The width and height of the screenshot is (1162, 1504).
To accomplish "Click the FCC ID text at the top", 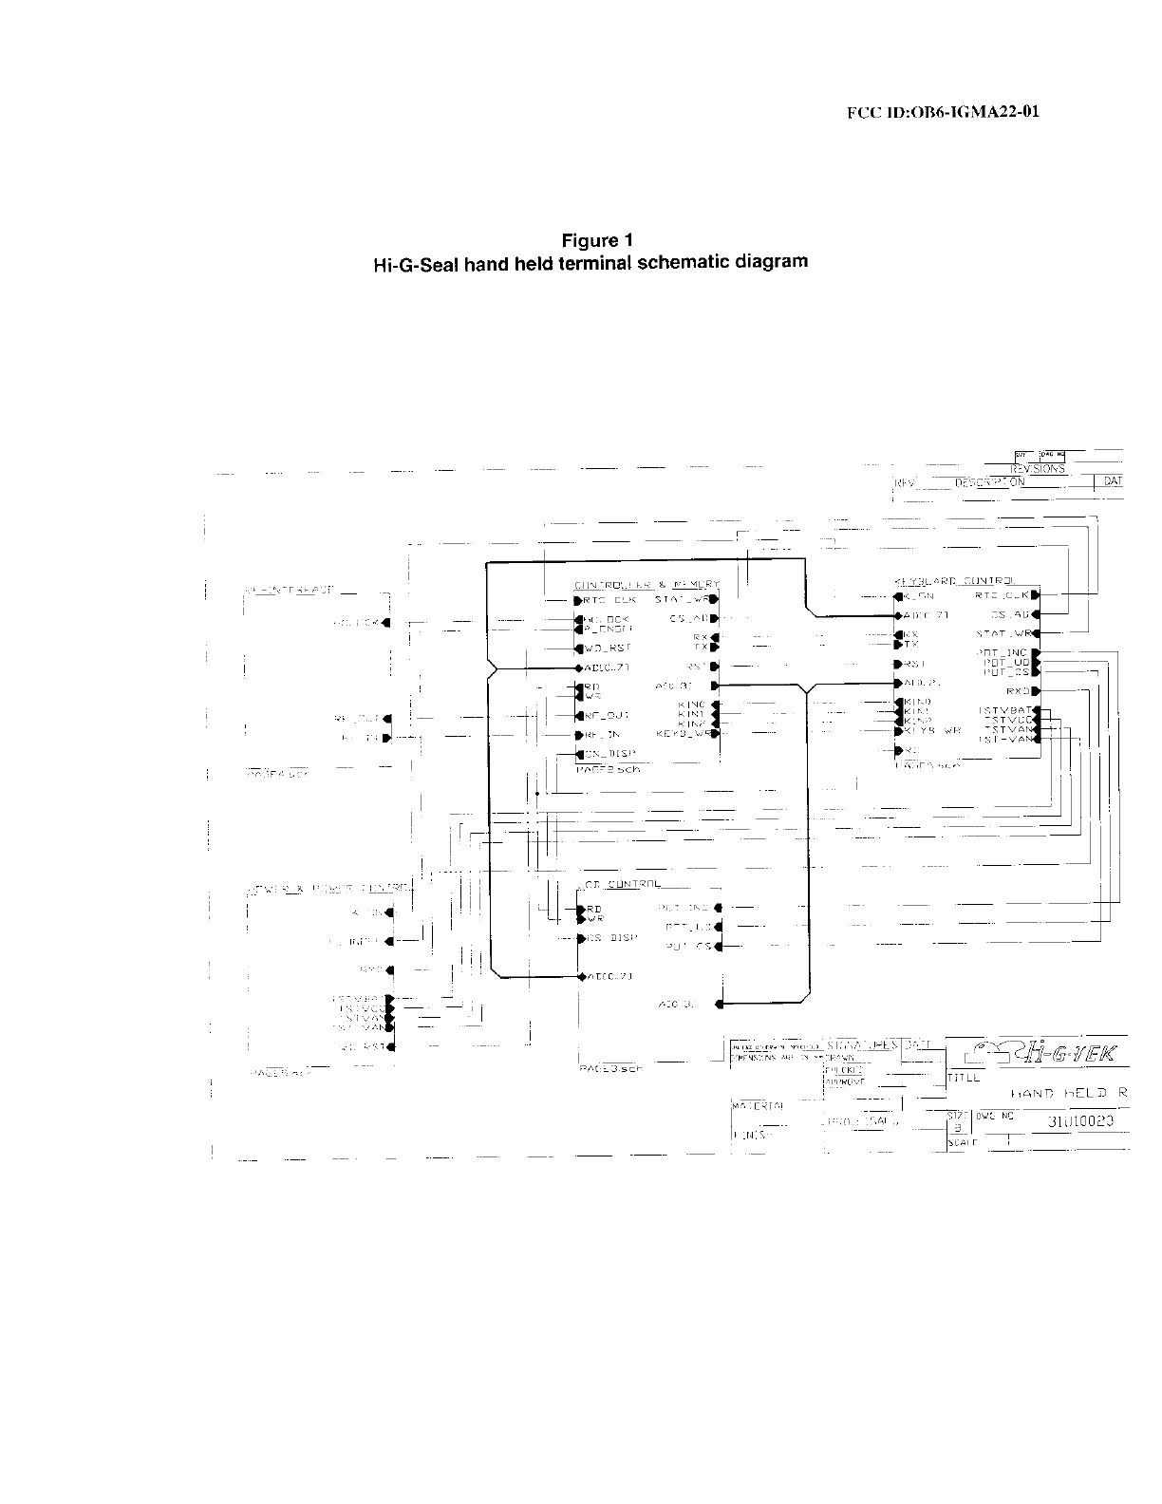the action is (943, 112).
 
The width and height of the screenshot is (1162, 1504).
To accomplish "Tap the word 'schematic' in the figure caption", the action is (681, 260).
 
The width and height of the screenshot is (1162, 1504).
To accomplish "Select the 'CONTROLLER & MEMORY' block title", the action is (647, 584).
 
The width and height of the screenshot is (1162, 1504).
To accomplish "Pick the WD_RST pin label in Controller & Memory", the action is (607, 649).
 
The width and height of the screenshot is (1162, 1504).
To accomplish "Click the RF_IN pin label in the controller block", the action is (602, 735).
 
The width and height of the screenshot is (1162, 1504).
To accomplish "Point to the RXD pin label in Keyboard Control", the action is (1017, 691).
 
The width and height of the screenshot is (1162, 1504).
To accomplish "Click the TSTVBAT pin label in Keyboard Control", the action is (1006, 710).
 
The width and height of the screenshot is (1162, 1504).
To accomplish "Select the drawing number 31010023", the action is (1079, 1121).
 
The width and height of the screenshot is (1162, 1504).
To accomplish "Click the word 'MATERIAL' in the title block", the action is (758, 1105).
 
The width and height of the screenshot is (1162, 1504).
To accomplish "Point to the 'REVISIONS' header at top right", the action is (1038, 469).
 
